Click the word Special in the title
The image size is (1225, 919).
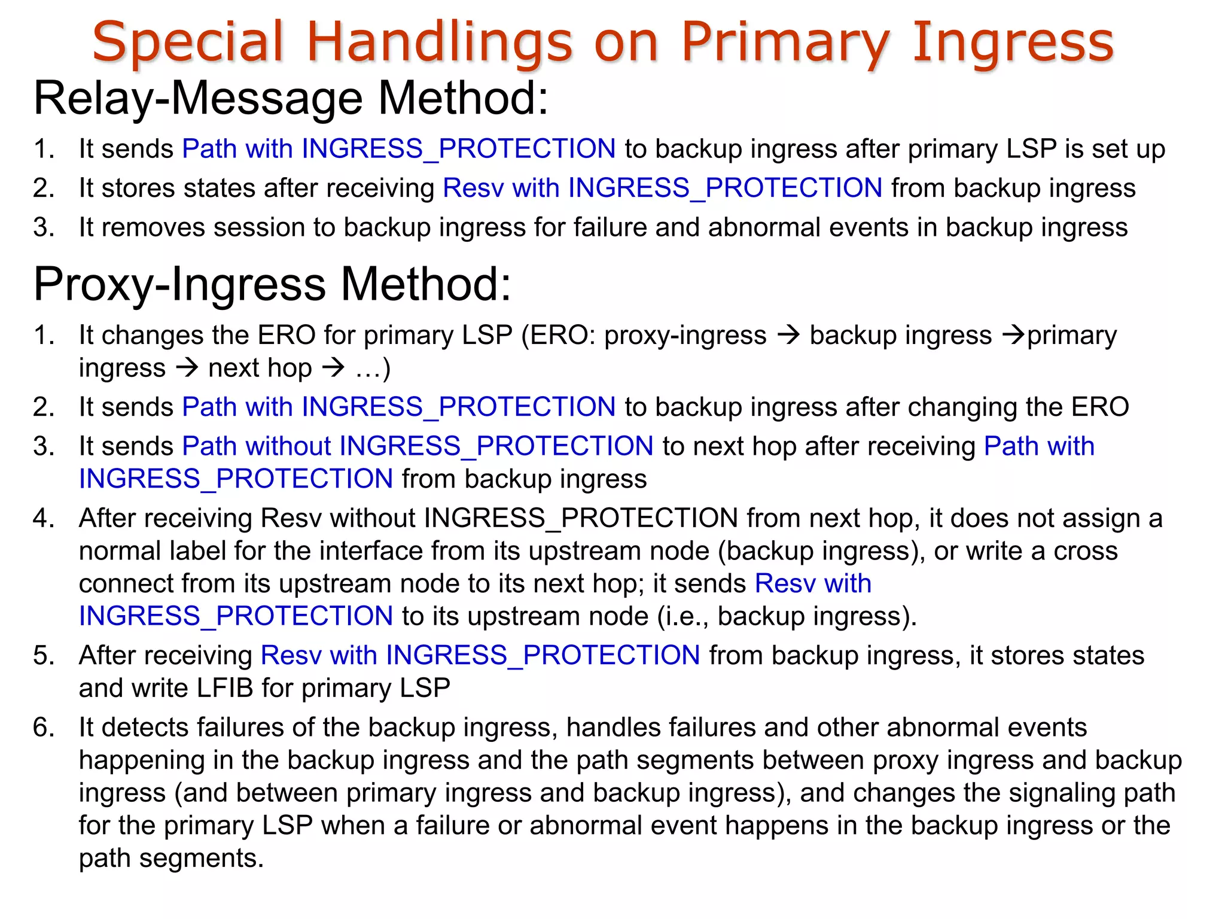(187, 42)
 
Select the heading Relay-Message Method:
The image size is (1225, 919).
(291, 98)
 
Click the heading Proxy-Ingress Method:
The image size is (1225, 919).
(273, 284)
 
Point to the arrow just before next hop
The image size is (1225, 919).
(187, 368)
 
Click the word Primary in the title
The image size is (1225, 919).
(786, 42)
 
